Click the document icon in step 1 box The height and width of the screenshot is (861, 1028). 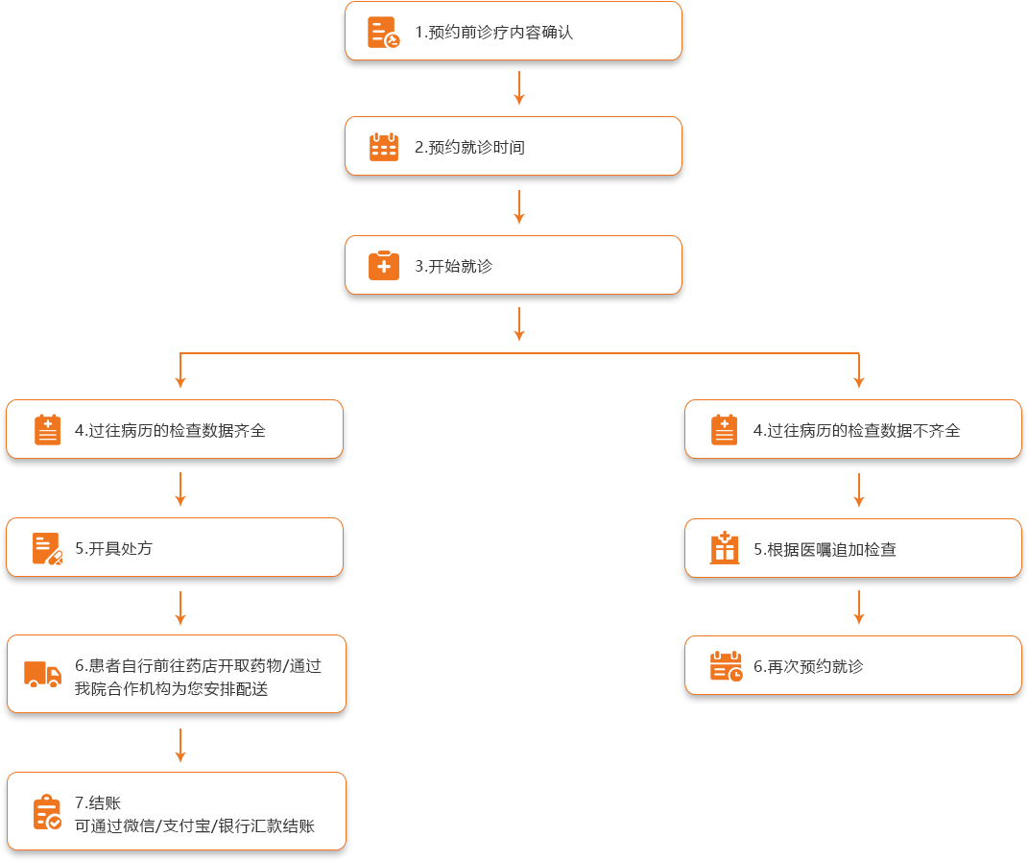tap(384, 33)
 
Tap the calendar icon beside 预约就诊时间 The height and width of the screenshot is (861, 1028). tap(384, 147)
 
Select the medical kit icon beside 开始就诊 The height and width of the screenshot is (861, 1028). tap(384, 266)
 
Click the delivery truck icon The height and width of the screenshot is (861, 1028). tap(42, 675)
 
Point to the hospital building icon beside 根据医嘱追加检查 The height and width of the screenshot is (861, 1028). tap(725, 549)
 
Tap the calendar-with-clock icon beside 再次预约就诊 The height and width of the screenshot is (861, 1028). tap(726, 666)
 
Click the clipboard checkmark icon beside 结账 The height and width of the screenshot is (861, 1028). tap(47, 813)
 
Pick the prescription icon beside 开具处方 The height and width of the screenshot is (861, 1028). tap(47, 548)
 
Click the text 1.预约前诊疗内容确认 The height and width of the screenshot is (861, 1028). tap(493, 33)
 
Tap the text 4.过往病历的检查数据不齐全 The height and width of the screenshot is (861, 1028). tap(856, 431)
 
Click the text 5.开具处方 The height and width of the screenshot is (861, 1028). tap(113, 549)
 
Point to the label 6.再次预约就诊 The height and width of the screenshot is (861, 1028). tap(808, 666)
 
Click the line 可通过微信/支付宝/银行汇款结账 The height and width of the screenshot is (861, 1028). tap(195, 826)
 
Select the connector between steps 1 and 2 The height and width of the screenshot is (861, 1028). tap(519, 88)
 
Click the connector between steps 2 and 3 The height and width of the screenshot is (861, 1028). tap(519, 206)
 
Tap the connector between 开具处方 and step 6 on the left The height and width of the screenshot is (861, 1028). tap(180, 608)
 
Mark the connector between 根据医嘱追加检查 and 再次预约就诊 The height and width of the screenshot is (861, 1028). tap(859, 607)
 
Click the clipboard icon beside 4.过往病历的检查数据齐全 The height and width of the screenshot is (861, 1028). tap(47, 430)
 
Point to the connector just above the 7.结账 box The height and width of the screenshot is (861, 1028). tap(180, 745)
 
